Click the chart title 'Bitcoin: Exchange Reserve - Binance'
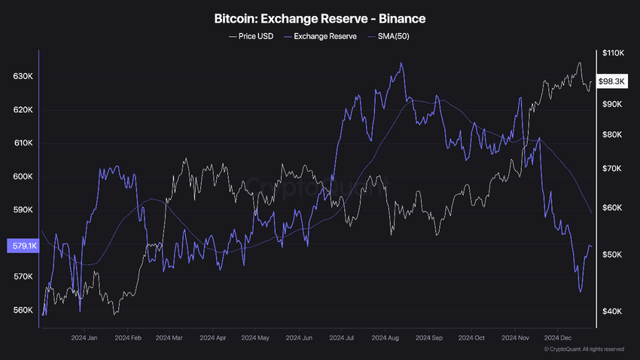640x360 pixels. [320, 17]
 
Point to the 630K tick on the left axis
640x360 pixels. [23, 77]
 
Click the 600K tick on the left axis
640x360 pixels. [23, 177]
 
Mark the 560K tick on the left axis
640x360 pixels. [23, 310]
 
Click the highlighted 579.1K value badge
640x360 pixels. [20, 246]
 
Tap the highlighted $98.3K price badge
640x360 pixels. [612, 81]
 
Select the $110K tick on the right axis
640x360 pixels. [611, 53]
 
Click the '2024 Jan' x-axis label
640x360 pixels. [84, 338]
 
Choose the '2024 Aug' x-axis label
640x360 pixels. [386, 338]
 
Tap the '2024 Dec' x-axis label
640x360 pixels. [559, 338]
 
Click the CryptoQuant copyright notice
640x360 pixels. [584, 349]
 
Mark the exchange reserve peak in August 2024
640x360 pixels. [401, 63]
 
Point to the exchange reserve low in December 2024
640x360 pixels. [581, 291]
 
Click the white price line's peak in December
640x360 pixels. [580, 63]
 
